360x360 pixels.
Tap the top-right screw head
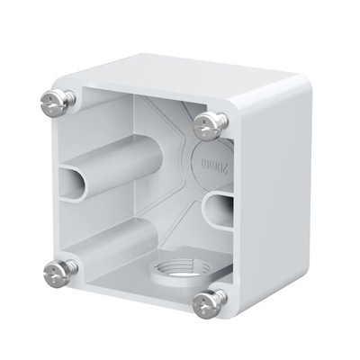coord(209,126)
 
